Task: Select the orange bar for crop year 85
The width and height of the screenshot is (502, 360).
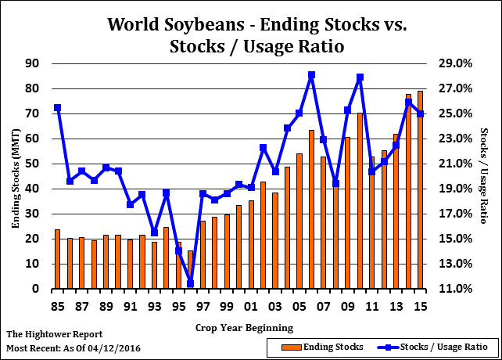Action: pos(57,259)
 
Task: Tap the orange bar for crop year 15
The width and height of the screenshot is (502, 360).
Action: pos(420,190)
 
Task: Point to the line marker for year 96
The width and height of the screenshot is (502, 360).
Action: pos(190,283)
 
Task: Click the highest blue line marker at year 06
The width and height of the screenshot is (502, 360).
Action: pos(311,75)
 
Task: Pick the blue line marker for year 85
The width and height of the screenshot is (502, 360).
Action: pos(57,108)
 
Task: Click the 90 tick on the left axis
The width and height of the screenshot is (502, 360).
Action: pos(33,63)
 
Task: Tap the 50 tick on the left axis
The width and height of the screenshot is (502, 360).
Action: pos(33,164)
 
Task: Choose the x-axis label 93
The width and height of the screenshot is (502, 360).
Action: pos(154,305)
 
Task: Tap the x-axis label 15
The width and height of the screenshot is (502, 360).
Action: pos(420,305)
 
